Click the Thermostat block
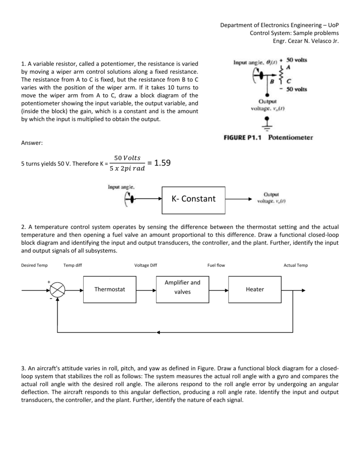(109, 289)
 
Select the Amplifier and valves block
(182, 287)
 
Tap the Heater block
(254, 289)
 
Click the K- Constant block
(193, 199)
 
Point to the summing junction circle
(58, 289)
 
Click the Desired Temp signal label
(34, 265)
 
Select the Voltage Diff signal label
(146, 265)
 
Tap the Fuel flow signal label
(216, 265)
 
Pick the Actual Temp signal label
(295, 265)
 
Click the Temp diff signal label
(73, 265)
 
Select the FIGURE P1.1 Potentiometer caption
(268, 137)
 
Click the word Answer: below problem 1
(32, 143)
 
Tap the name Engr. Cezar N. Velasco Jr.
(306, 41)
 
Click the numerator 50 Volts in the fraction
(128, 158)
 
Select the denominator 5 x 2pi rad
(127, 168)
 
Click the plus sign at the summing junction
(49, 282)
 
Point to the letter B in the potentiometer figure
(272, 81)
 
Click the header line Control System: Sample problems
(294, 33)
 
